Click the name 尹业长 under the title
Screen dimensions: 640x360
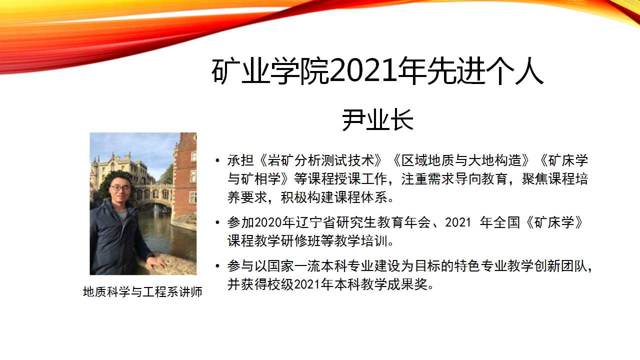377,120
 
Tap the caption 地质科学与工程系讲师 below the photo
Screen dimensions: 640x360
142,291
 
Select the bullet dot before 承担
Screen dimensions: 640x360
217,160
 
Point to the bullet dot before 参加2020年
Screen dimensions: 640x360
217,222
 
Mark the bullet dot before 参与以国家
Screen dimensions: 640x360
217,266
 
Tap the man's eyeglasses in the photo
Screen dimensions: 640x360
119,188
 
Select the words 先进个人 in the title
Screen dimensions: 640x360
485,71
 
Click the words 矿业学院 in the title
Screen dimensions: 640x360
270,71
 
